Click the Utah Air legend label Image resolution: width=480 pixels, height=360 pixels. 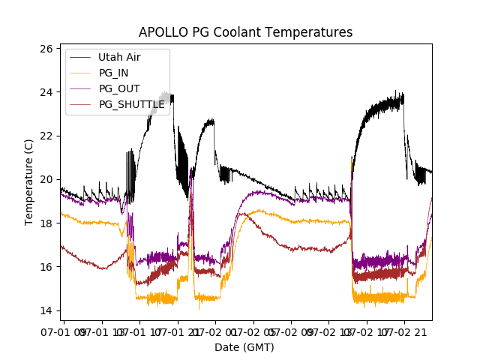tap(130, 57)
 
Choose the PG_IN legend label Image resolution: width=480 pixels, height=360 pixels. tap(114, 73)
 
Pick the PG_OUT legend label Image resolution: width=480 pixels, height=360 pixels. tap(119, 88)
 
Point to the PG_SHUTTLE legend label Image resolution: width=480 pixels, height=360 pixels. tap(132, 104)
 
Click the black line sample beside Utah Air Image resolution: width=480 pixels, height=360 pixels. tap(81, 57)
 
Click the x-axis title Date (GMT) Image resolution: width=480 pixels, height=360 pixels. tap(244, 347)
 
